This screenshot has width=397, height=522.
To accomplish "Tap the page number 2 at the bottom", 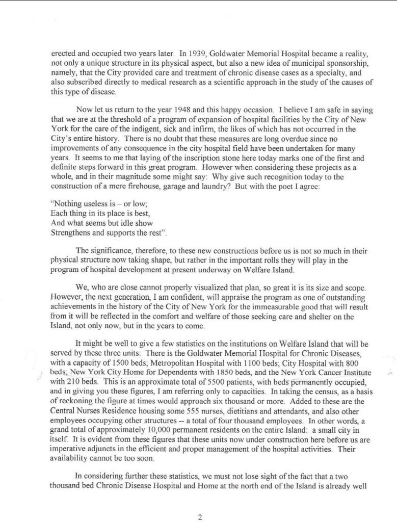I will (199, 517).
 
